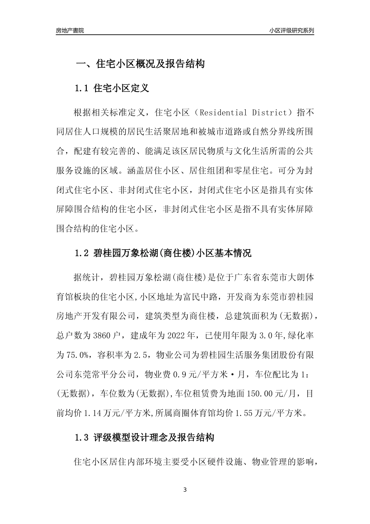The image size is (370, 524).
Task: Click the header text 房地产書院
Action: point(70,30)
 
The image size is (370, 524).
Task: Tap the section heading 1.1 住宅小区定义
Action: point(111,88)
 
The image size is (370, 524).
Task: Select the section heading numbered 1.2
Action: point(163,253)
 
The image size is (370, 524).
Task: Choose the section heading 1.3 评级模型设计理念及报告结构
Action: point(144,437)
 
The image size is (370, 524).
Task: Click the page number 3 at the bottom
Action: point(185,490)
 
